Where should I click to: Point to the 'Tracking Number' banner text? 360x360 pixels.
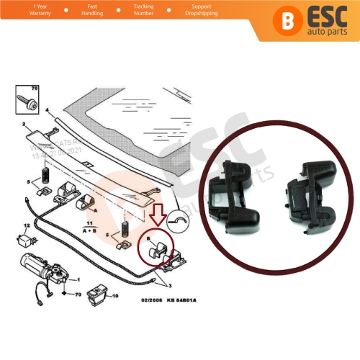[x=143, y=11]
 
